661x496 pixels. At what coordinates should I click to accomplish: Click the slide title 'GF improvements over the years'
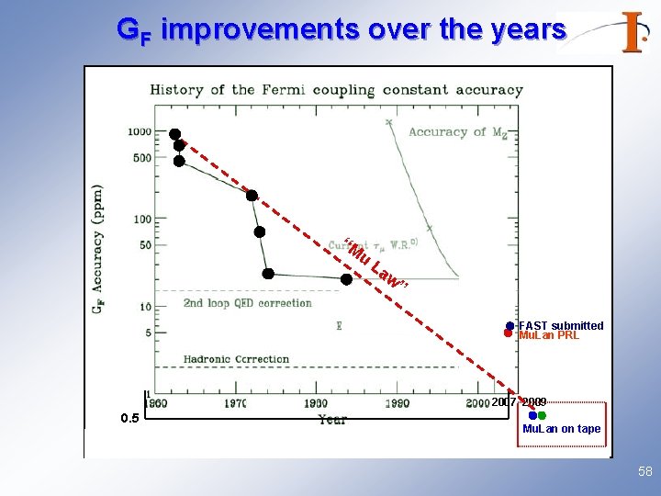pos(341,30)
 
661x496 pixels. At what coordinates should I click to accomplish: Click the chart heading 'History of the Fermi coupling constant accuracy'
pos(336,90)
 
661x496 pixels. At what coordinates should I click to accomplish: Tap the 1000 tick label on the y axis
pos(140,131)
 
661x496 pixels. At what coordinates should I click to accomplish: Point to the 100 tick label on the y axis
pos(142,219)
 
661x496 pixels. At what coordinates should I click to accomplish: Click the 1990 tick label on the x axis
pos(396,402)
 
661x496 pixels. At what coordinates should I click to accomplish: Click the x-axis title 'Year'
pos(332,419)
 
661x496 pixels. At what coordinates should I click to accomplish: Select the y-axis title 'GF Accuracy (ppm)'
pos(97,249)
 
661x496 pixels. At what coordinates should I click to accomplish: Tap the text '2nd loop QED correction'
pos(247,303)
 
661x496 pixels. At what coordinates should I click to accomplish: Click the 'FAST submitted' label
pos(561,325)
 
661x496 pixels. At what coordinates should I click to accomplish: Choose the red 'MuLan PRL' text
pos(549,335)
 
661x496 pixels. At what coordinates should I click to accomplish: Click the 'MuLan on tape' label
pos(561,429)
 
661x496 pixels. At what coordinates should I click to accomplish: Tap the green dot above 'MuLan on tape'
pos(542,416)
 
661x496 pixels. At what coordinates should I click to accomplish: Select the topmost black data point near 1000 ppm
pos(174,134)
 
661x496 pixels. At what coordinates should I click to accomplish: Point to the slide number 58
pos(644,472)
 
